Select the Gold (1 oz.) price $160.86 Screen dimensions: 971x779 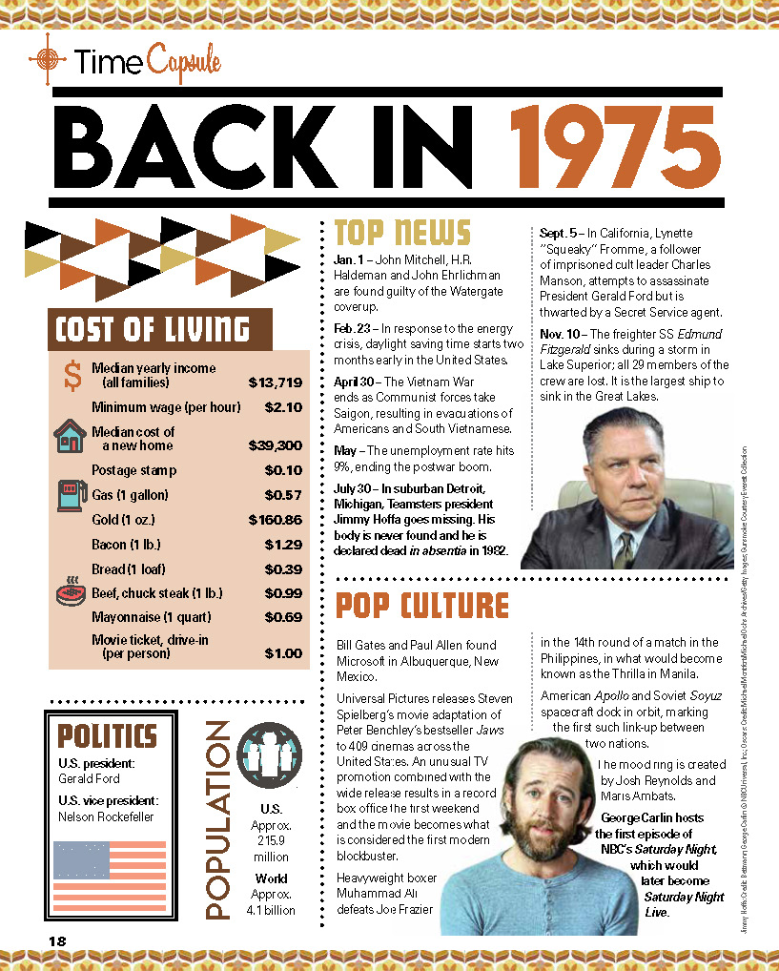click(x=275, y=520)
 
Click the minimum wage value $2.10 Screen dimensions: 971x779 click(x=283, y=407)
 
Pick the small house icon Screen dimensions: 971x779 click(x=70, y=437)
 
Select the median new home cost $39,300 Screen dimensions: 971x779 click(x=277, y=445)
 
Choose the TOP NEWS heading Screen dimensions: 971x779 click(x=402, y=234)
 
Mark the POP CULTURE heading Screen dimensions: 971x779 click(x=422, y=606)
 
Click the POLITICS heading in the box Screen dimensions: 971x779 click(x=108, y=736)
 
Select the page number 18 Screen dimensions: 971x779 click(x=58, y=940)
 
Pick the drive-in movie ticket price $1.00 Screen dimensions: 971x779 click(x=283, y=653)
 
